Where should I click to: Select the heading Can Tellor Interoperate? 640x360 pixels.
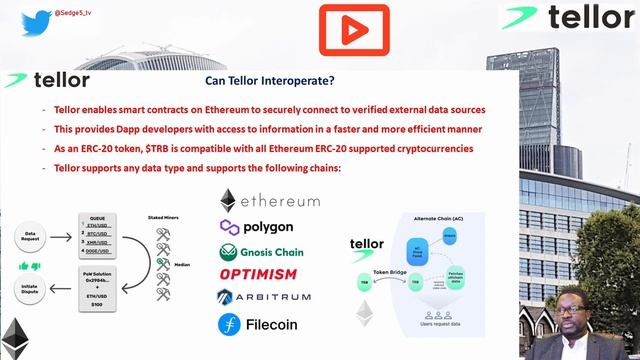pos(270,81)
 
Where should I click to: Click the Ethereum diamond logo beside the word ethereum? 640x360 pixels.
pos(228,200)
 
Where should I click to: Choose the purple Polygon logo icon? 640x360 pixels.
pos(229,226)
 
